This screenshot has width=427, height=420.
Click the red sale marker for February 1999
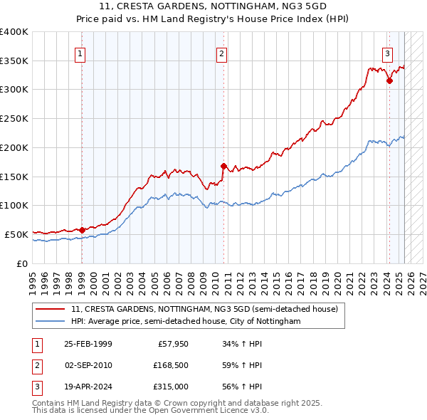tap(82, 230)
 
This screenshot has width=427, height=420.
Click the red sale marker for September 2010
tap(223, 166)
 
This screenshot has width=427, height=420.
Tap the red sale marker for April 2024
tap(389, 81)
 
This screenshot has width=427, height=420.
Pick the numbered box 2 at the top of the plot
tap(222, 53)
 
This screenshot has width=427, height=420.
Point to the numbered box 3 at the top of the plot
tap(388, 53)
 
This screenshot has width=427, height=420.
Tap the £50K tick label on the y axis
tap(16, 234)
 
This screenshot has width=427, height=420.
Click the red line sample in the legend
tap(51, 309)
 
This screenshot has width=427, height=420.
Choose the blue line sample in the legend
tap(51, 322)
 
